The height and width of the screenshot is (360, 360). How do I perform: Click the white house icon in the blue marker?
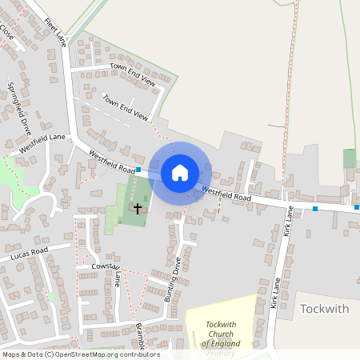click(180, 172)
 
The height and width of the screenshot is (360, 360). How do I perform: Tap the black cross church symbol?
click(138, 208)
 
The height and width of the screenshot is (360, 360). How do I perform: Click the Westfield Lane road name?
click(42, 143)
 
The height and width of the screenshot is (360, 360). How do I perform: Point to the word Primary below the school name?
click(220, 353)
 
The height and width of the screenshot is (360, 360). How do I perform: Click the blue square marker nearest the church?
click(138, 170)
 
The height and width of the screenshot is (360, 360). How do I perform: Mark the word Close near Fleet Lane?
click(6, 33)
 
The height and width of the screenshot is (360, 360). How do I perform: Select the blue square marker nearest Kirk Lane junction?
click(315, 209)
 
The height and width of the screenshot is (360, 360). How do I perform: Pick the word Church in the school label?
click(221, 334)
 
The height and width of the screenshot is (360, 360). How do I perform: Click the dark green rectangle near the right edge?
click(349, 158)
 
